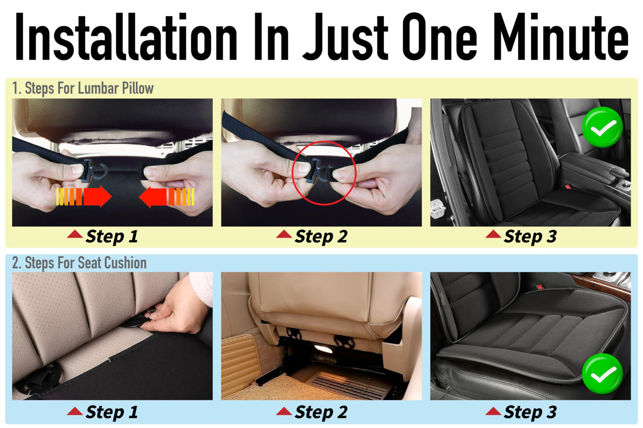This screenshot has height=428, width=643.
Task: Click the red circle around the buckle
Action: click(324, 172)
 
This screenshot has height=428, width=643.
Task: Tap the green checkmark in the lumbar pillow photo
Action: click(602, 127)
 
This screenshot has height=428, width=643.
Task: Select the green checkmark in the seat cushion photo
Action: click(602, 374)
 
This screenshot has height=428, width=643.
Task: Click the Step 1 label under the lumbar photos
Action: click(112, 236)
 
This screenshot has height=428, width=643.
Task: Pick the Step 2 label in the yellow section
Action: click(320, 236)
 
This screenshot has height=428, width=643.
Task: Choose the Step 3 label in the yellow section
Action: click(530, 236)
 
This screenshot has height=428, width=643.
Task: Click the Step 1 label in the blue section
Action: click(112, 412)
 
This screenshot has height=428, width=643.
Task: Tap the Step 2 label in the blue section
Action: click(320, 412)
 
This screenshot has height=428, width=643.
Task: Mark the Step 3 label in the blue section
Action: click(530, 412)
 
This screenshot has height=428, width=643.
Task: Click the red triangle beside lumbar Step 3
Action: click(493, 234)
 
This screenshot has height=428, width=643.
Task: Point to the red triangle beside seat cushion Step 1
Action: click(75, 411)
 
